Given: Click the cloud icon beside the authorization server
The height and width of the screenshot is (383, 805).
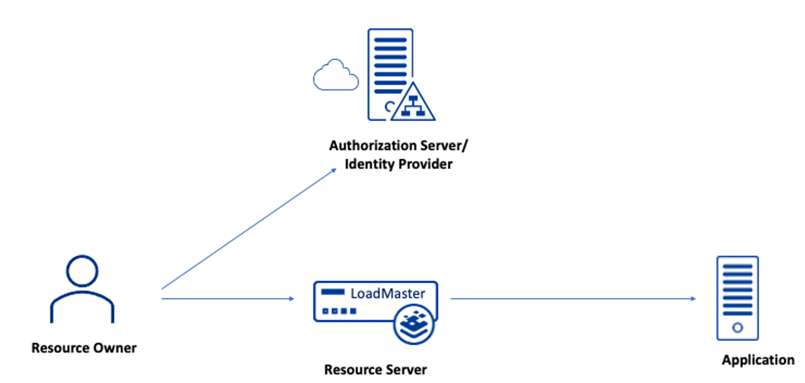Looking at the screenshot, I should pyautogui.click(x=335, y=76).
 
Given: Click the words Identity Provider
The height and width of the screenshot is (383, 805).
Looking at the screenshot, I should pyautogui.click(x=398, y=164).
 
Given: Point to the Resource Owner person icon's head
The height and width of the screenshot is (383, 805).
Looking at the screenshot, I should pyautogui.click(x=82, y=271).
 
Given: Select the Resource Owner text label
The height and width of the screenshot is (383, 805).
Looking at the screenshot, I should pyautogui.click(x=84, y=348).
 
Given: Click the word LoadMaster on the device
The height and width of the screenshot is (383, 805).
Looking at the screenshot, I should pyautogui.click(x=387, y=293).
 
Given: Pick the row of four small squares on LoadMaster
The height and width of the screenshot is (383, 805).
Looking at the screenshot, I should pyautogui.click(x=339, y=311).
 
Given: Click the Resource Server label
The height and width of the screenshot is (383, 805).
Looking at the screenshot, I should pyautogui.click(x=375, y=370).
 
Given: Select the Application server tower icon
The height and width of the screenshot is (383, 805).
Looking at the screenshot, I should pyautogui.click(x=737, y=298).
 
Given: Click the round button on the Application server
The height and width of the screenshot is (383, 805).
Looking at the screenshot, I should pyautogui.click(x=737, y=328).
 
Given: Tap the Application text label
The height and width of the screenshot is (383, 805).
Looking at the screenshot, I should pyautogui.click(x=757, y=360).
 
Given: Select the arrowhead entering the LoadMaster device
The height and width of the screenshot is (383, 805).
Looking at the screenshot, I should pyautogui.click(x=291, y=299).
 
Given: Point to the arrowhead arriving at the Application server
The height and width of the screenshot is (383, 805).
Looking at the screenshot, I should pyautogui.click(x=693, y=299).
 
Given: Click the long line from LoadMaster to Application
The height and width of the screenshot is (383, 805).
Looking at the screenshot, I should pyautogui.click(x=569, y=299).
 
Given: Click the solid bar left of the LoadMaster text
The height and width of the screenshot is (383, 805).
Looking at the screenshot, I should pyautogui.click(x=332, y=293).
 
